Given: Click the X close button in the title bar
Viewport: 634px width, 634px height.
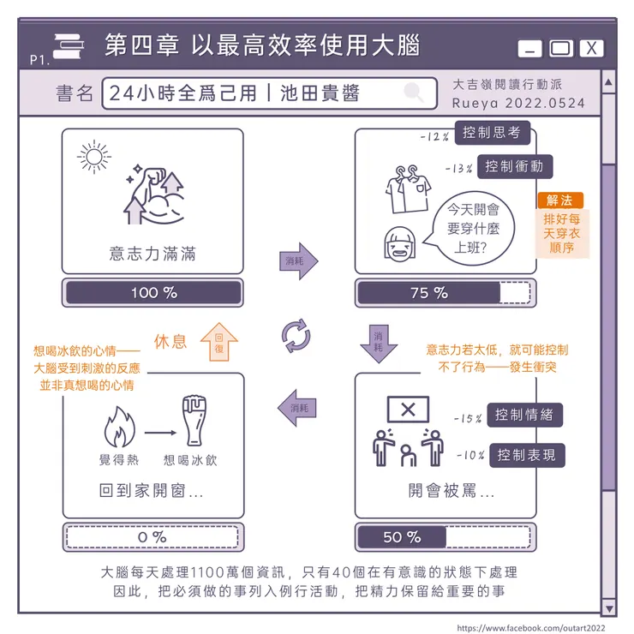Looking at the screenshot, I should point(592,49).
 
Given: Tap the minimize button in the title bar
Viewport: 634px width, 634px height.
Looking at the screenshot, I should point(530,49).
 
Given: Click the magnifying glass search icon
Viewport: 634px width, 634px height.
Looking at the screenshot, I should point(414,93).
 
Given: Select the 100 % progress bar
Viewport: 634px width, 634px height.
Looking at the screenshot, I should point(153,292).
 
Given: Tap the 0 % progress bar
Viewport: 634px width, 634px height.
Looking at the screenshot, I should point(153,537).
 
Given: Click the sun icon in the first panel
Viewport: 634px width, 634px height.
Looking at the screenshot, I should point(93,157).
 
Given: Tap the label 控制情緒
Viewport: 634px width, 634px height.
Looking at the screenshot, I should point(524,416).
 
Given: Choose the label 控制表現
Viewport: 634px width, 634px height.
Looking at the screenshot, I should point(526,455).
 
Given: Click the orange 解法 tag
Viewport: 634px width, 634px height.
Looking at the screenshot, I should point(559,200).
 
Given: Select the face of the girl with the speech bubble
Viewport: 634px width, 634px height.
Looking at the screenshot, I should point(398,244).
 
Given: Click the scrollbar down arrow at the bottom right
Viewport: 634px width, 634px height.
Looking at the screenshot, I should point(608,607).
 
